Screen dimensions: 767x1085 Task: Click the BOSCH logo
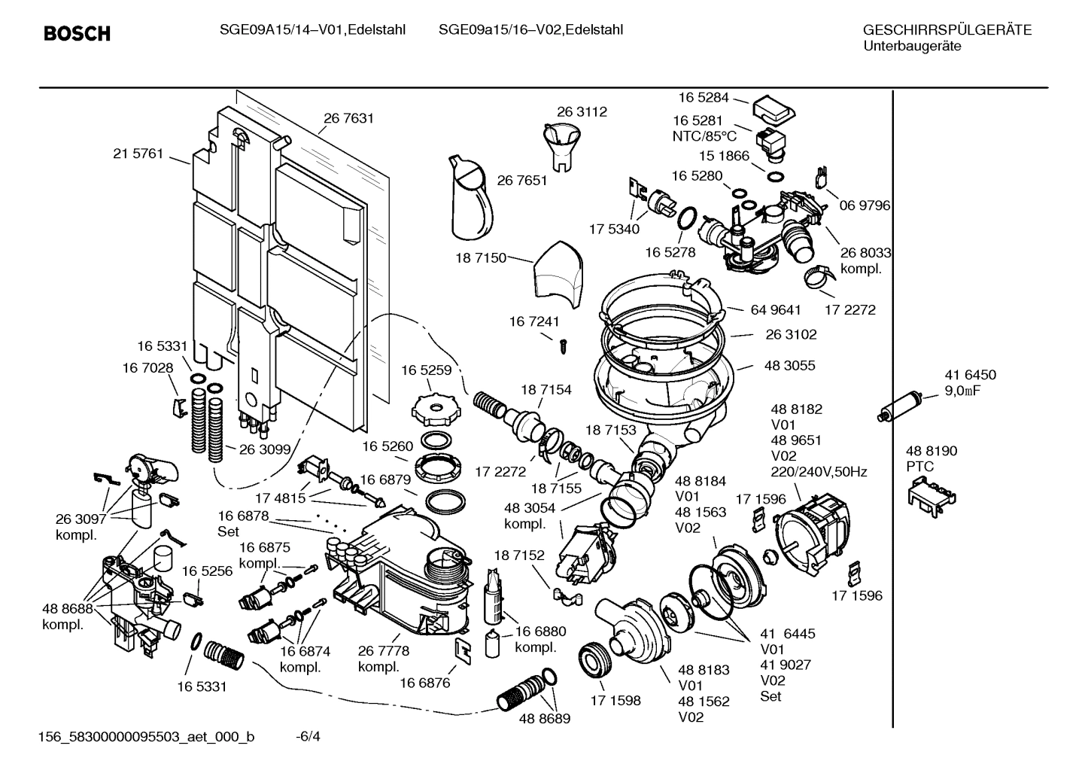[x=77, y=34]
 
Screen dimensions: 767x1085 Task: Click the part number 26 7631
[x=348, y=118]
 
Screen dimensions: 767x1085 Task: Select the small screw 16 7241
[x=561, y=345]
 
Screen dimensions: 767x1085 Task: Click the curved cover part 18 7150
[x=558, y=274]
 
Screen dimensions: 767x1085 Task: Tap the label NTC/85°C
[x=704, y=136]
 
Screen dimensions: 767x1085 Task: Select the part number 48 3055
[x=789, y=366]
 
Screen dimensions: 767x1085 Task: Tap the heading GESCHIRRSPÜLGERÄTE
[x=947, y=30]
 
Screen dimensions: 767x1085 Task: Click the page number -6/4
[x=308, y=736]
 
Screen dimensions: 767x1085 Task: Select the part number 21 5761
[x=138, y=154]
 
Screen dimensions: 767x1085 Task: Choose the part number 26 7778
[x=383, y=651]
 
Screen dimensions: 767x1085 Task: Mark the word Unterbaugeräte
[x=911, y=47]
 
